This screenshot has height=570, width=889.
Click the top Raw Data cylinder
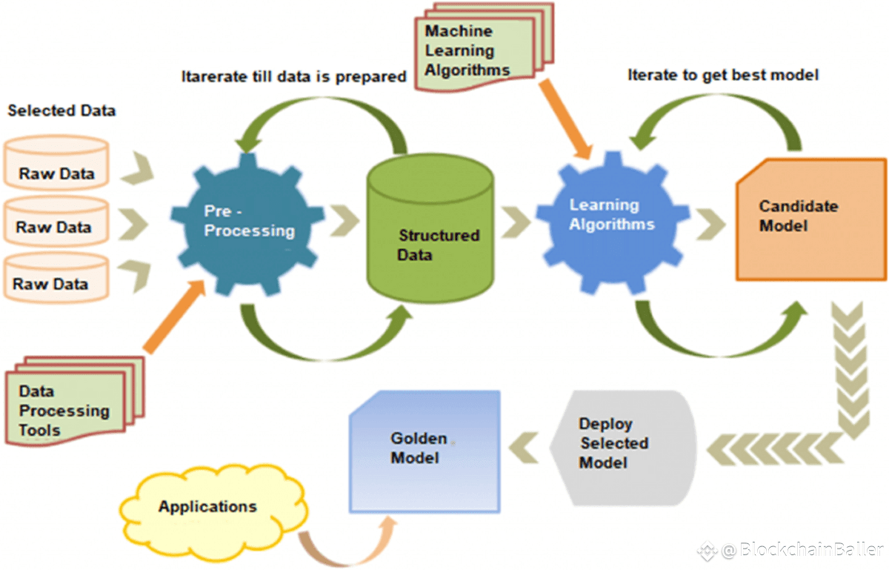coord(56,164)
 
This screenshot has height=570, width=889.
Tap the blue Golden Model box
coord(424,450)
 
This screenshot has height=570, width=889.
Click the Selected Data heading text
coord(61,111)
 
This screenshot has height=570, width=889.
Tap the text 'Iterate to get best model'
coord(722,76)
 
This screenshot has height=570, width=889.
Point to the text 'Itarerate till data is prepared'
coord(294,76)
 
